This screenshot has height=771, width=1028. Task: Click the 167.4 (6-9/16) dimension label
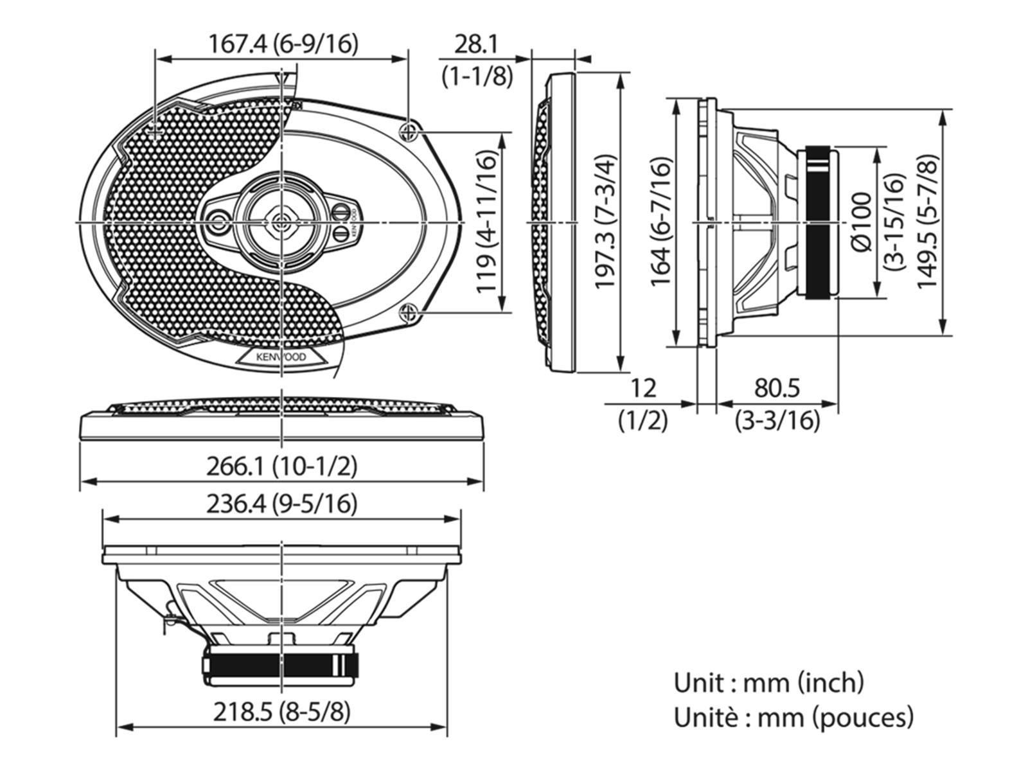(283, 44)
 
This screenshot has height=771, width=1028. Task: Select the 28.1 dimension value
(476, 44)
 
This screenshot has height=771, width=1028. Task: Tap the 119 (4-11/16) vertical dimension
(488, 222)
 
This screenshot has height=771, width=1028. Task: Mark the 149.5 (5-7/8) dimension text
(927, 222)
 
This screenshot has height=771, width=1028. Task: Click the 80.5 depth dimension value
(777, 388)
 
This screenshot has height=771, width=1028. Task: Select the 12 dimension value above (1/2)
(642, 388)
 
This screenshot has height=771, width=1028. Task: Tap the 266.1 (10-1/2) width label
(281, 466)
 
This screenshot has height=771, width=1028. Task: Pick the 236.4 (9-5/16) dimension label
(281, 504)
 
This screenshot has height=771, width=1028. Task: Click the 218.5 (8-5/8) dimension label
(281, 712)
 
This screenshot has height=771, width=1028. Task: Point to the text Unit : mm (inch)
(768, 682)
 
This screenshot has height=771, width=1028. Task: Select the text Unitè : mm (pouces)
(793, 717)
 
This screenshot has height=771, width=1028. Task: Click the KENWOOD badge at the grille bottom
(281, 357)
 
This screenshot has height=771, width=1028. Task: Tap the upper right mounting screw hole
(409, 133)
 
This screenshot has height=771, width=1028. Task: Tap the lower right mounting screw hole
(409, 313)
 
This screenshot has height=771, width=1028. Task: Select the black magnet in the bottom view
(281, 664)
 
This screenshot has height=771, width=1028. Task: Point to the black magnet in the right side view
(820, 222)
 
